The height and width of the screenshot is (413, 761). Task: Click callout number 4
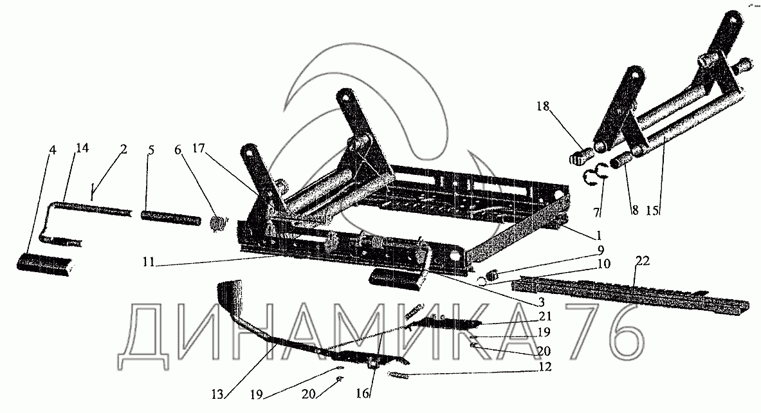[x=53, y=151]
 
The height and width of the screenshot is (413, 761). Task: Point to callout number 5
[x=151, y=150]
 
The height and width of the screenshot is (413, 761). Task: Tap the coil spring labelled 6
[x=219, y=223]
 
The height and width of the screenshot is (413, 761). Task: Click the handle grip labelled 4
[x=43, y=264]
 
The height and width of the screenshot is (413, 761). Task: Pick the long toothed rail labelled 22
[x=630, y=293]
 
